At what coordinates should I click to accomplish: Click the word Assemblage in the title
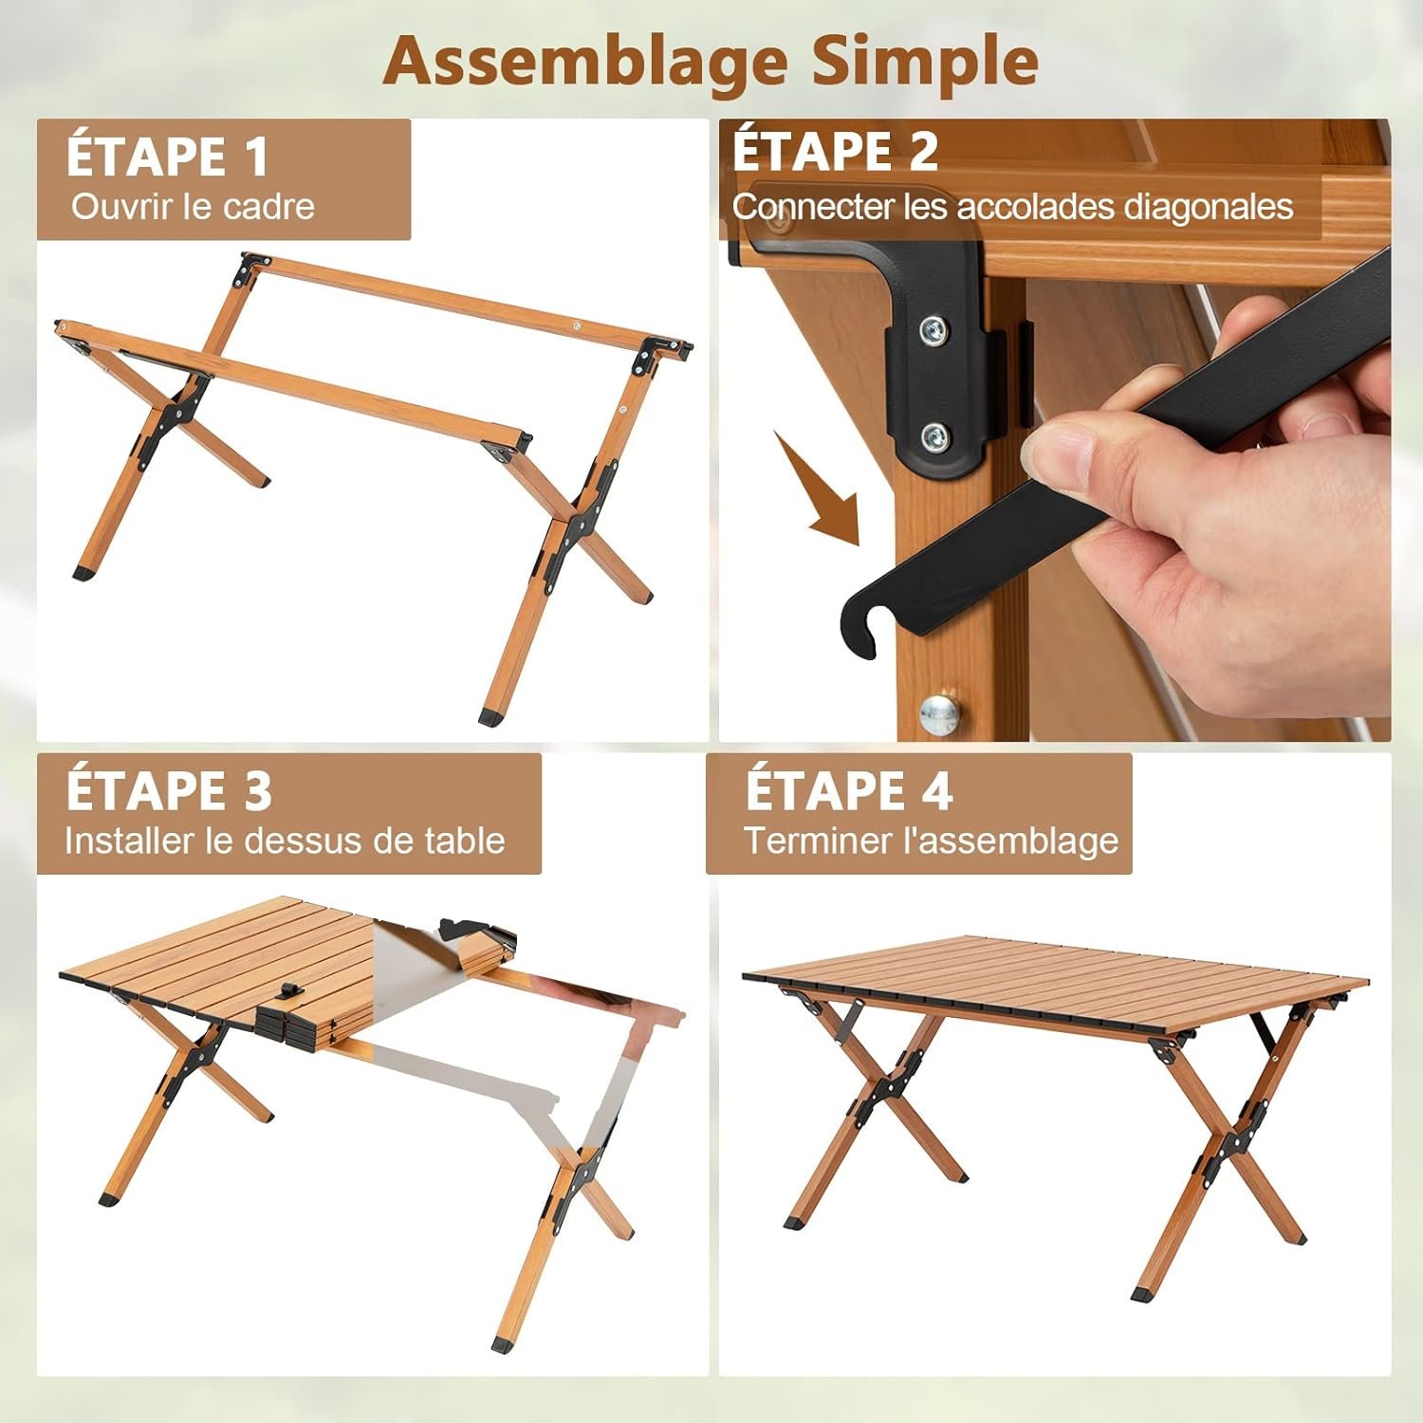tap(585, 62)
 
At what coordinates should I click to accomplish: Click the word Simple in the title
tap(925, 60)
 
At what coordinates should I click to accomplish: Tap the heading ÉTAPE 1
tap(168, 155)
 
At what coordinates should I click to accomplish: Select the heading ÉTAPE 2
tap(835, 150)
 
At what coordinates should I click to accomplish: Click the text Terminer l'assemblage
tap(931, 841)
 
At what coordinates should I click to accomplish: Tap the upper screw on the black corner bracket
tap(934, 330)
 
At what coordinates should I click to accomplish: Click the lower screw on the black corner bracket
tap(935, 437)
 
